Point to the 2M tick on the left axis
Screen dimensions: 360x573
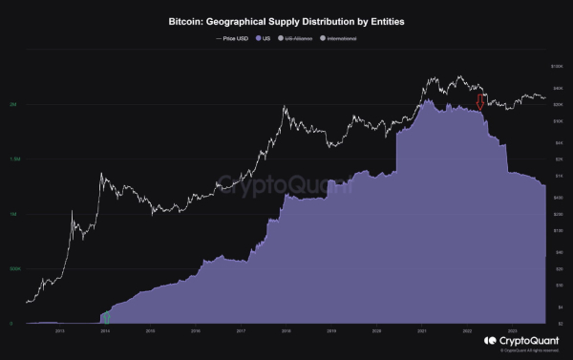tap(12, 106)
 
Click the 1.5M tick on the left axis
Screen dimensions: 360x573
tap(13, 160)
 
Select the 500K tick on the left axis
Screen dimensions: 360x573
tap(13, 269)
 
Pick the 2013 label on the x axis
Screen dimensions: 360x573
tap(59, 331)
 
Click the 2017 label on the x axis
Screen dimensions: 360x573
tap(241, 331)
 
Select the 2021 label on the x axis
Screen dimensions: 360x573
tap(421, 331)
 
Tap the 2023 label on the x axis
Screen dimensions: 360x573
tap(512, 331)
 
